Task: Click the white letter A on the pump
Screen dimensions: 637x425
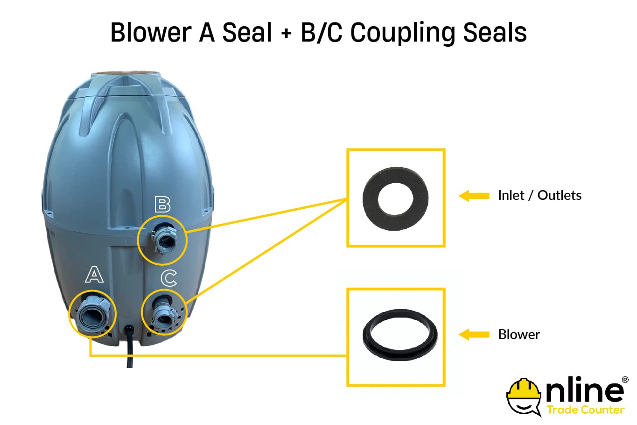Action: point(94,275)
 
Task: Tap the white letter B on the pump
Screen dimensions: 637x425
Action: point(163,205)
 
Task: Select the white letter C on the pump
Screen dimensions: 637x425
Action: point(169,278)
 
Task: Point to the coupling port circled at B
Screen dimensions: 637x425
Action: point(164,239)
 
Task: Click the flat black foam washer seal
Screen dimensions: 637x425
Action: point(396,198)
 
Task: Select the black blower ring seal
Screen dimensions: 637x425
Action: point(400,335)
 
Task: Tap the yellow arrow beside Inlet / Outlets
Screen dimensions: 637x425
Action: point(474,196)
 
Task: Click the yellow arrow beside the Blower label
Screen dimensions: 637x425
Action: point(474,334)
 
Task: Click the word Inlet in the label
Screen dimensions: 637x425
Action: point(511,196)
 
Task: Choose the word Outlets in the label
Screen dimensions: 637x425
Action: point(560,196)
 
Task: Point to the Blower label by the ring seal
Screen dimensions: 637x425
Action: point(519,334)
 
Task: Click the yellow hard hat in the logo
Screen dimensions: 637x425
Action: point(524,388)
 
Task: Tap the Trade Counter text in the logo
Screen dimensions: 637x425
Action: point(586,410)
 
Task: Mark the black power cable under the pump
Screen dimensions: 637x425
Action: point(129,347)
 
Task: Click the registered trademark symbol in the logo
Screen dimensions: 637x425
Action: point(625,380)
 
